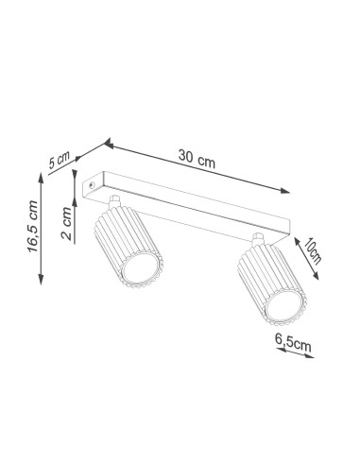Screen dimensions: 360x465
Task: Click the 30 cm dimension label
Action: [x=197, y=159]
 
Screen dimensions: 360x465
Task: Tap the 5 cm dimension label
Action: [x=59, y=161]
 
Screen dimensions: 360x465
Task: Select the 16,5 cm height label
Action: [x=33, y=227]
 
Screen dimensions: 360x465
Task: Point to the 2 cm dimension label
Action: [x=66, y=223]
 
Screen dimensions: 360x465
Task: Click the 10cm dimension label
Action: [x=313, y=251]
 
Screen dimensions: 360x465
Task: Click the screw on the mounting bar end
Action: [x=92, y=185]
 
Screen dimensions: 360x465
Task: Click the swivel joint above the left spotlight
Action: [x=114, y=201]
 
